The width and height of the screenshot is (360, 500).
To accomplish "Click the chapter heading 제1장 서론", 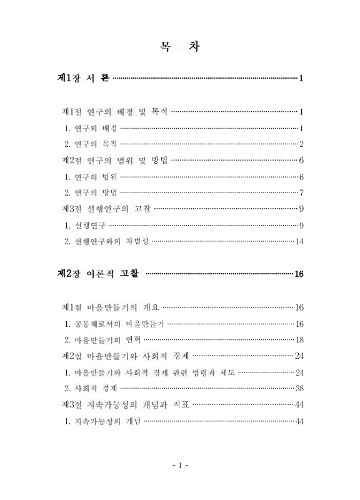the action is [83, 78].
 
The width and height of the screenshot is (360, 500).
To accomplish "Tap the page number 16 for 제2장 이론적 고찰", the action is [299, 274].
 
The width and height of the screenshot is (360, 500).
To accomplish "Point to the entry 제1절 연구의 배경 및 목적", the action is [115, 112].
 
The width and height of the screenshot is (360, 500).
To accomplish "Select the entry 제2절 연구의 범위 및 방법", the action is [115, 161].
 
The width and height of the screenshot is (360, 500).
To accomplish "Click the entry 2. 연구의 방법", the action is [91, 192].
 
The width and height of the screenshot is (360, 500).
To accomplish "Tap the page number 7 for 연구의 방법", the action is [301, 192].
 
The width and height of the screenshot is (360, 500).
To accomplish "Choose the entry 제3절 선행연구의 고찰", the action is [107, 209].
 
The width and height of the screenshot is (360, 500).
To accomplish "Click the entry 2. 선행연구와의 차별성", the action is [107, 241].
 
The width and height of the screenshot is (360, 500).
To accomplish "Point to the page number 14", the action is [299, 242].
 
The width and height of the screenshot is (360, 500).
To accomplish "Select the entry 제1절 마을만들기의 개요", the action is [111, 307].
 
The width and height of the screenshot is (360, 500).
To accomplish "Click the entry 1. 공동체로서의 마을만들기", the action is [114, 324].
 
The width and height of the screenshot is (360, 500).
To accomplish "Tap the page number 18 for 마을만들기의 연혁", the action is [299, 340].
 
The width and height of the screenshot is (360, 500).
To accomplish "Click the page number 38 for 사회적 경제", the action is [299, 388].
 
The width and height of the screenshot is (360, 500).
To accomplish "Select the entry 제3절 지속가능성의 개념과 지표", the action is [127, 404].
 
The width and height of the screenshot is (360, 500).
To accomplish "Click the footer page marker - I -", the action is [180, 466].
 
